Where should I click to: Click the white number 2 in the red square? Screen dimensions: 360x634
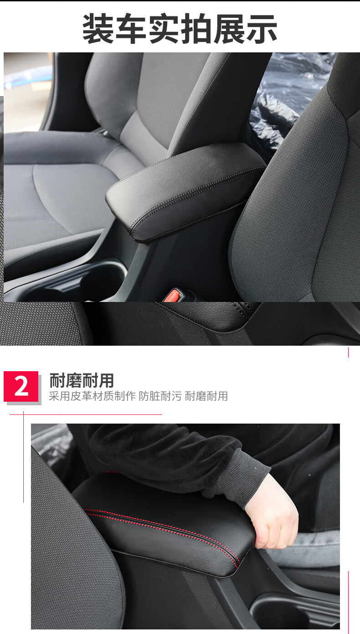21,386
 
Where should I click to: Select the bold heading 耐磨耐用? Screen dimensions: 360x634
82,380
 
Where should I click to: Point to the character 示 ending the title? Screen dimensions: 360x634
262,28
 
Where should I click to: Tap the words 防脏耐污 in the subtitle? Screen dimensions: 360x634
160,396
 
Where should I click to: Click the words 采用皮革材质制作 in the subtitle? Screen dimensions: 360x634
93,396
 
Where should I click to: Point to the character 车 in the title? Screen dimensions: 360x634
131,28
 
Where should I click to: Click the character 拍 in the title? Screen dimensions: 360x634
196,28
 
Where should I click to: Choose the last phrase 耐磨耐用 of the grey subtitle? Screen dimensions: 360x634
206,396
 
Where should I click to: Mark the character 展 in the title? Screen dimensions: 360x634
229,28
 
